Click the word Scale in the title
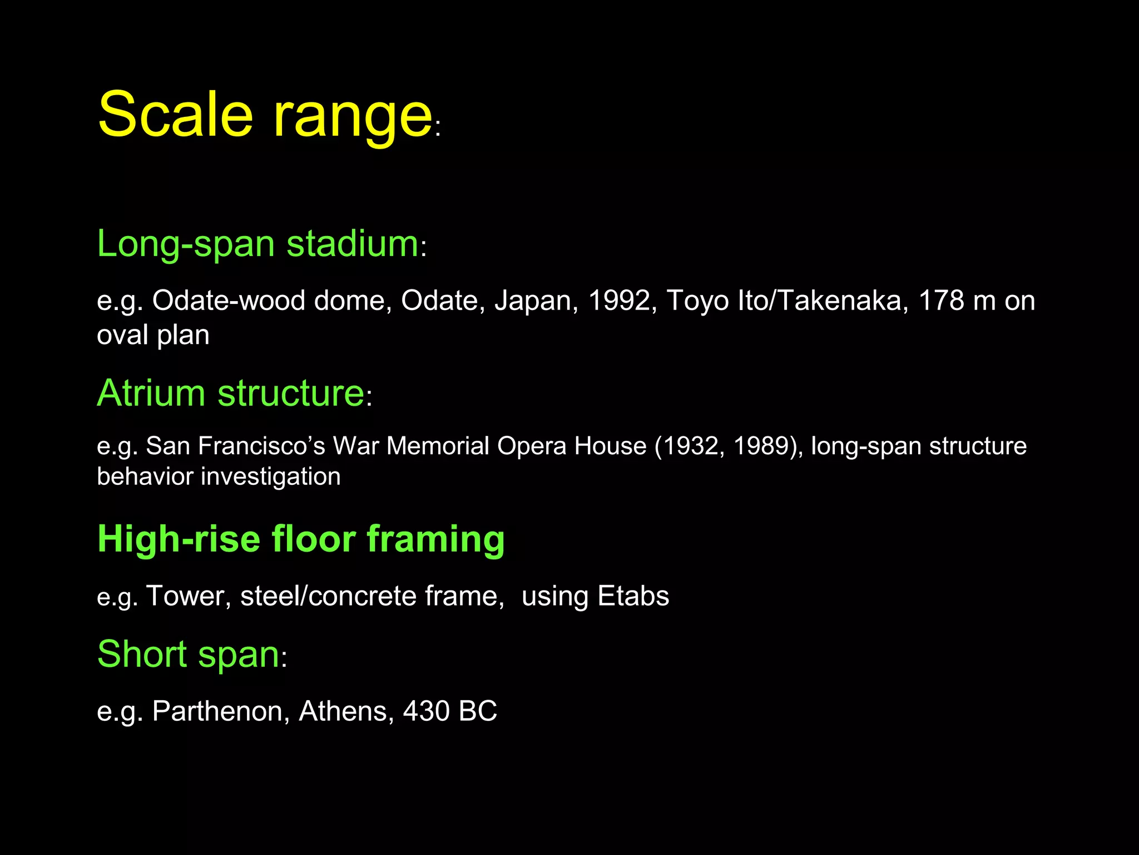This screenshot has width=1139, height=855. pyautogui.click(x=175, y=114)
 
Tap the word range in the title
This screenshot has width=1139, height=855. pyautogui.click(x=353, y=117)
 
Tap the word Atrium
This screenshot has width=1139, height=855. pyautogui.click(x=151, y=393)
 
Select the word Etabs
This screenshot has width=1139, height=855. pyautogui.click(x=633, y=596)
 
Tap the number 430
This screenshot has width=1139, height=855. pyautogui.click(x=426, y=711)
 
